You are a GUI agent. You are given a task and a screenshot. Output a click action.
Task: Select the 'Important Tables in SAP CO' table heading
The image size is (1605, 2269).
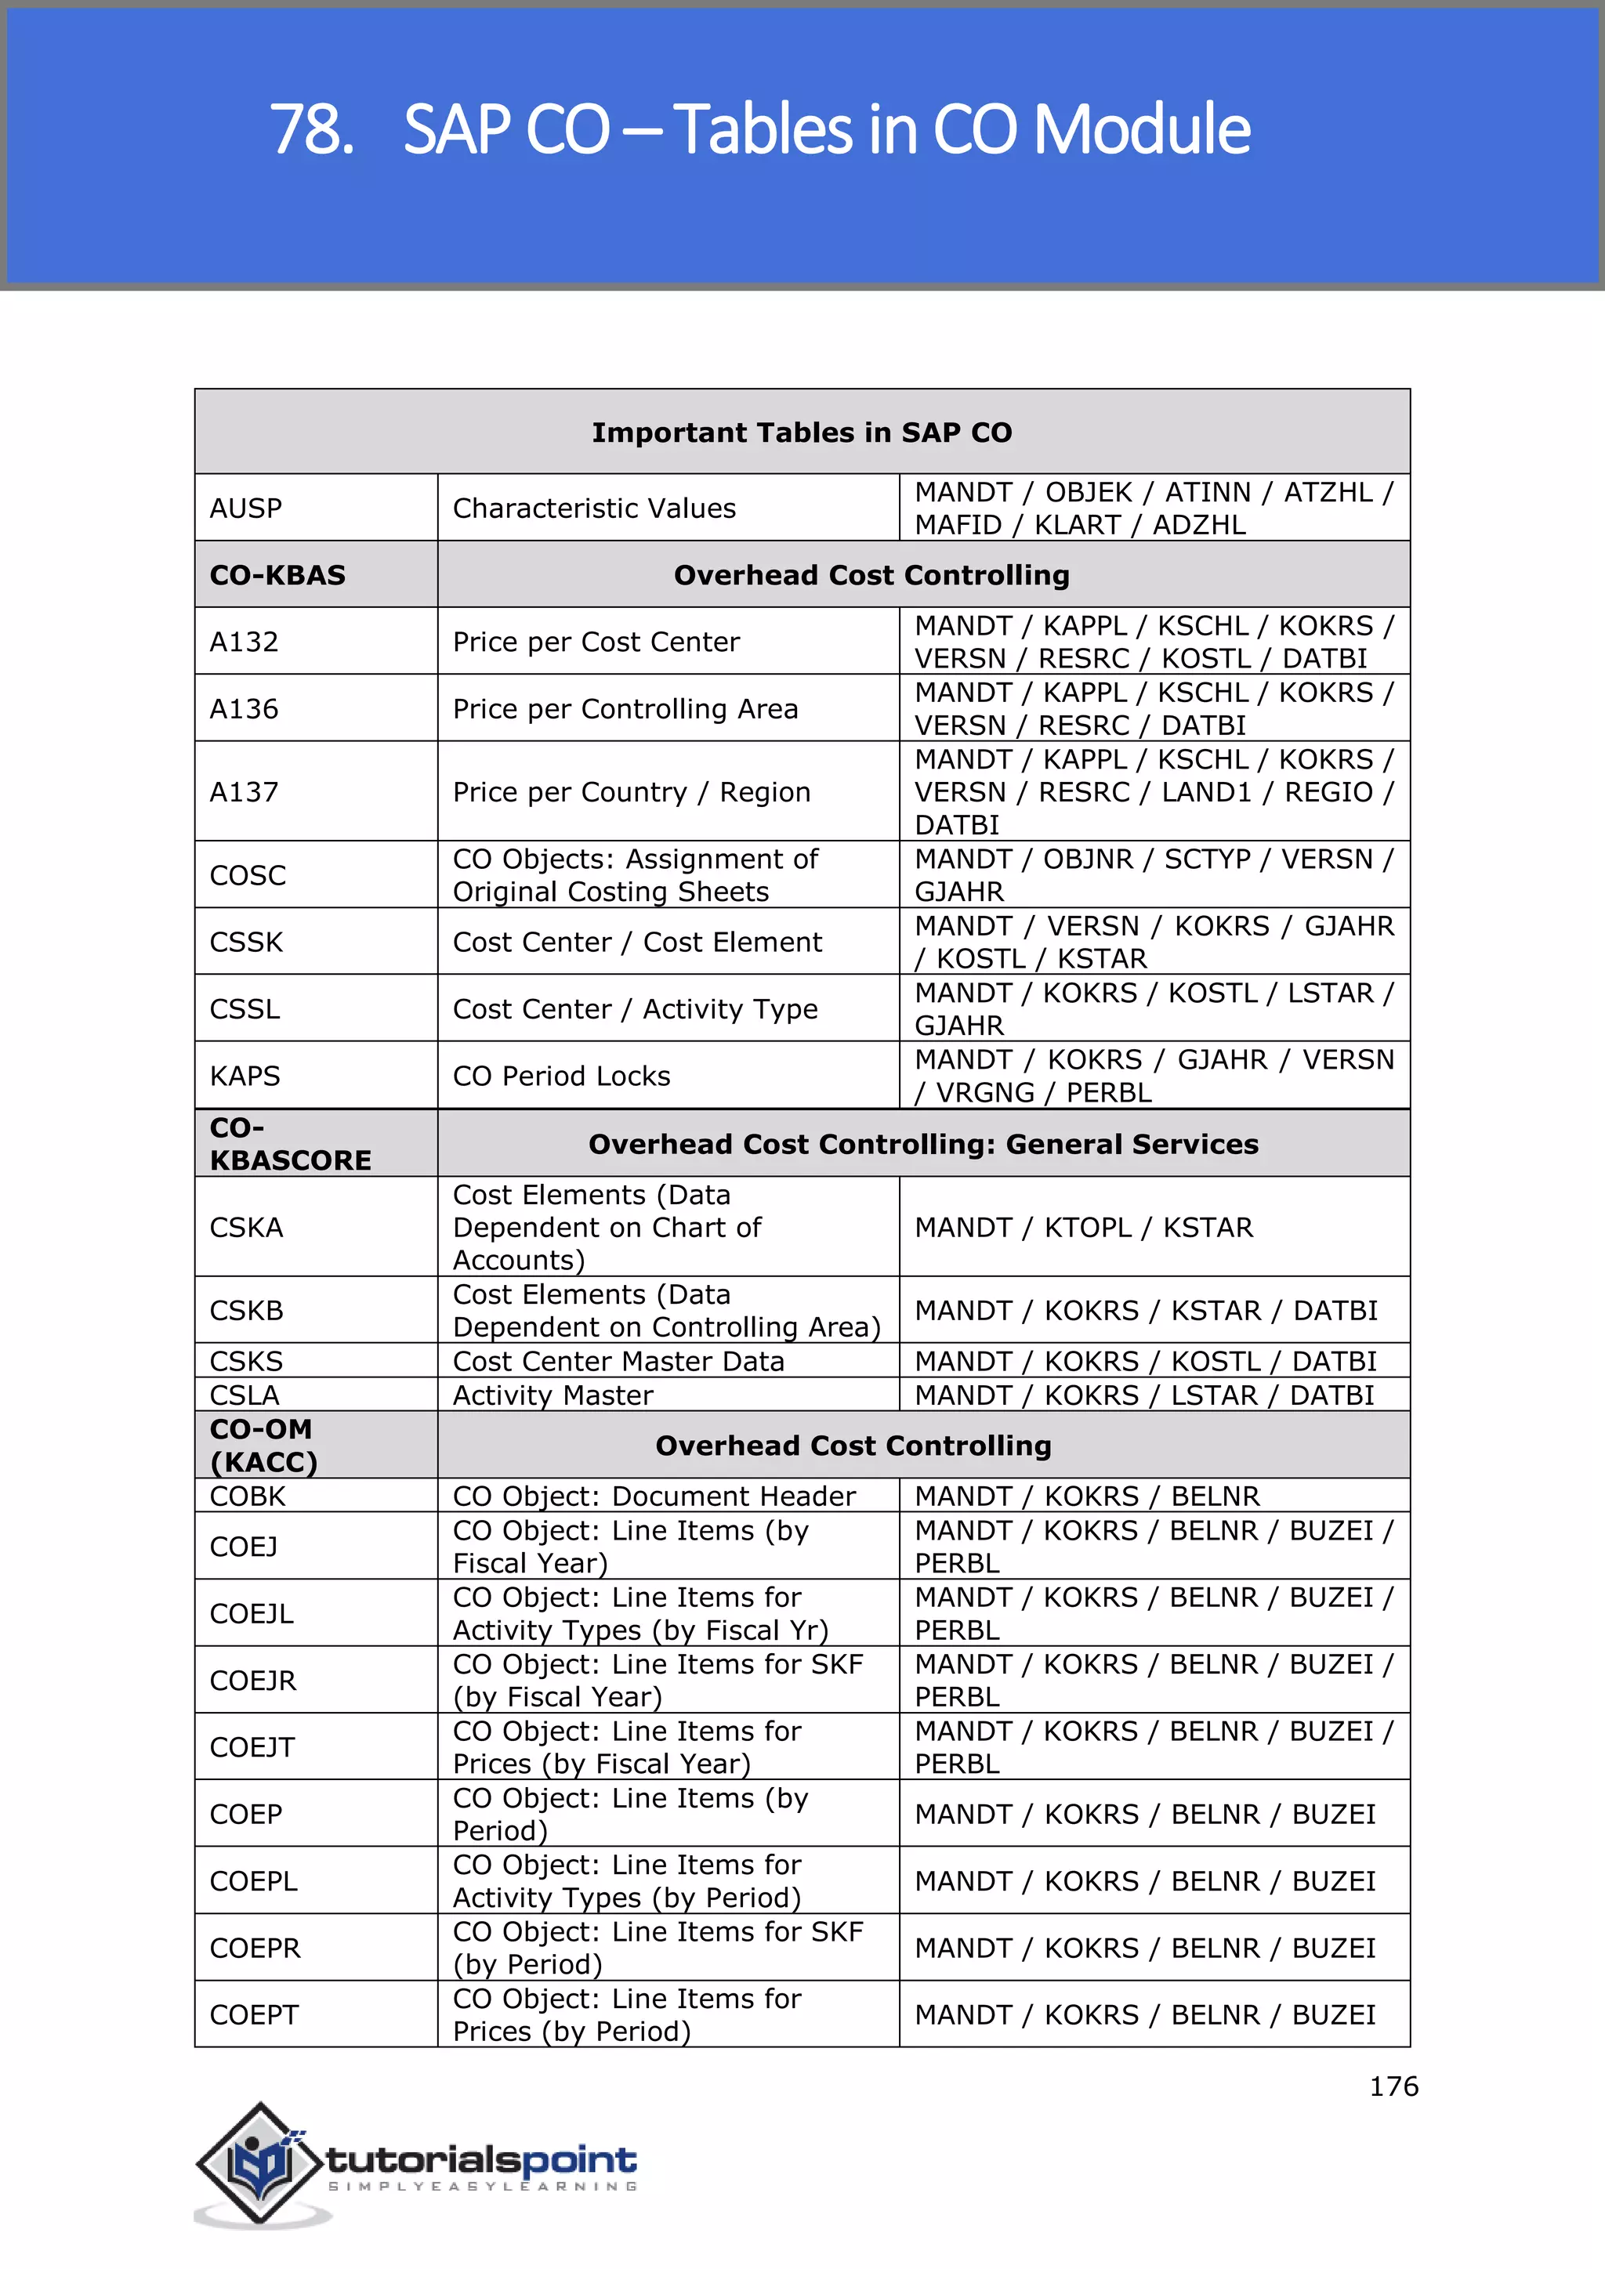coord(802,432)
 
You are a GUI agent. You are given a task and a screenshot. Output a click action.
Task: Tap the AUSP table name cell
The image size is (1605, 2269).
coord(246,508)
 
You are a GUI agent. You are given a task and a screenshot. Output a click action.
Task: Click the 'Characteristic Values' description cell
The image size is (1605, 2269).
coord(594,508)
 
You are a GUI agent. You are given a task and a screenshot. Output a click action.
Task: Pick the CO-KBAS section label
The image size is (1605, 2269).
coord(277,575)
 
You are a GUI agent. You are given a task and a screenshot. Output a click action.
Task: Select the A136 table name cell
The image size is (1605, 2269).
coord(244,708)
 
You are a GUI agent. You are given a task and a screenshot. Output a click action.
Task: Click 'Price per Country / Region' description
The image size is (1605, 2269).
coord(632,791)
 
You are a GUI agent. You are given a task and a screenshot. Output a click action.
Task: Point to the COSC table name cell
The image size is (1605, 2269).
coord(248,874)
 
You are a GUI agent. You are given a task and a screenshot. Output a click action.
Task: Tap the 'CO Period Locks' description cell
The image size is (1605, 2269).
coord(561,1075)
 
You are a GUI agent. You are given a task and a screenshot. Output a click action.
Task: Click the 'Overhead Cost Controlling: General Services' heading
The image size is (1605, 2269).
coord(923,1143)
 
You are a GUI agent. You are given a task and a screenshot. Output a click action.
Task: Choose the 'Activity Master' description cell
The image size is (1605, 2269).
coord(553,1395)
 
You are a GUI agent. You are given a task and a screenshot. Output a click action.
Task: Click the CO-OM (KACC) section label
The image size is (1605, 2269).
coord(263,1445)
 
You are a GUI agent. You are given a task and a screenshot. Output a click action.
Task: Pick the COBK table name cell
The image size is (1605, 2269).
coord(247,1495)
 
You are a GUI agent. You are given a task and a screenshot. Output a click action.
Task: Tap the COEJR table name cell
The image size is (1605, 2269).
coord(253,1679)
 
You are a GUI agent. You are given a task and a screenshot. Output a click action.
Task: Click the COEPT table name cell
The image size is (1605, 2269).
coord(254,2014)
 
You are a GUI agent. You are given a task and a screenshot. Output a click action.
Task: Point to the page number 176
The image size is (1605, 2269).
coord(1393,2086)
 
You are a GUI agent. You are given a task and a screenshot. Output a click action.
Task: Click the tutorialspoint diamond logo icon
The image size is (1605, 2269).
coord(260,2162)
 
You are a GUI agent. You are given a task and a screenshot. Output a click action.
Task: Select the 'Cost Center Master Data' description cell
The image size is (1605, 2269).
coord(618,1361)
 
